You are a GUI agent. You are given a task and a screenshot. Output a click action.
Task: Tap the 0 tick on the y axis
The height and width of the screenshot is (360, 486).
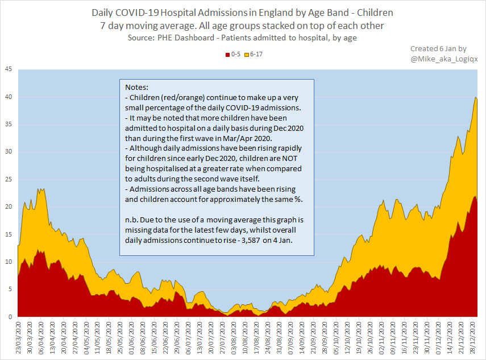(x=10, y=317)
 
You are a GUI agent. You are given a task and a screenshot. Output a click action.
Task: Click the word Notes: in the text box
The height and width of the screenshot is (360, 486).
(x=136, y=88)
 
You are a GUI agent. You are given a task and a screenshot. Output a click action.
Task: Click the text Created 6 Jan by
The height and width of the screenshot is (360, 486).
(x=438, y=49)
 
